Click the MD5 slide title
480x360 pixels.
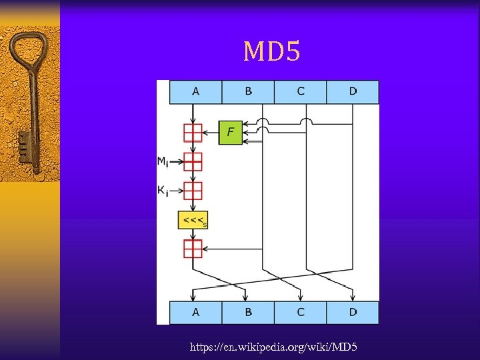click(272, 51)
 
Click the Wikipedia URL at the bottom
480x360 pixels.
click(274, 347)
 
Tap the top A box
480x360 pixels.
click(195, 92)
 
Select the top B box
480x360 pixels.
click(248, 92)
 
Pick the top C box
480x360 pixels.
click(300, 92)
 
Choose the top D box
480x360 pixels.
click(353, 92)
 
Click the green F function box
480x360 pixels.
click(231, 133)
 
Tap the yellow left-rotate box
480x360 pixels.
click(193, 220)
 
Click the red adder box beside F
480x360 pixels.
click(193, 133)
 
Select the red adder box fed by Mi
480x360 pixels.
click(193, 161)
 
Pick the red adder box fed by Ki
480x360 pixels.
click(193, 191)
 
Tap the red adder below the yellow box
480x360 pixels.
click(193, 249)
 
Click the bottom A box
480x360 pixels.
click(195, 312)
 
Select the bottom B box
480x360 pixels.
click(248, 312)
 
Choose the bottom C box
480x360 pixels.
click(300, 312)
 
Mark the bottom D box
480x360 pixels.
click(353, 312)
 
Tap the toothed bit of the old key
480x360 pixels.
click(24, 143)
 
